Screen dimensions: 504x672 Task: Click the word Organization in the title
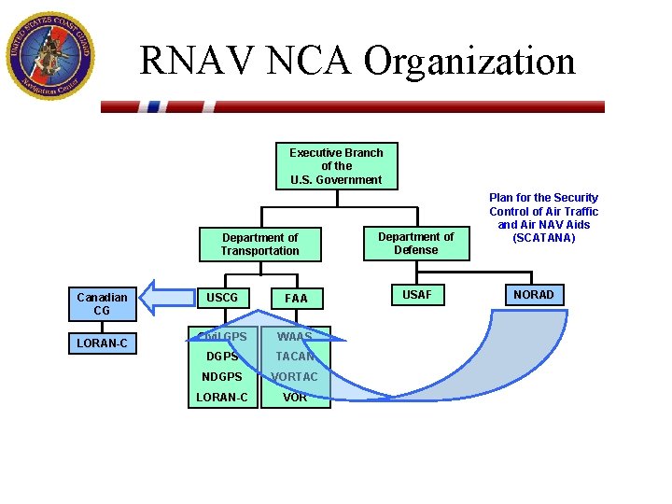coord(469,62)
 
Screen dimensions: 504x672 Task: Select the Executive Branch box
coord(336,166)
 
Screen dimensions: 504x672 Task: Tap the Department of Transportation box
coord(260,244)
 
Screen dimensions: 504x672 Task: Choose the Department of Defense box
coord(415,243)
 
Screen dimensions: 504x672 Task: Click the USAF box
coord(416,295)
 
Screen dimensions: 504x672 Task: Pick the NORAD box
coord(534,295)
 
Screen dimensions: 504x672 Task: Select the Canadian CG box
coord(102,303)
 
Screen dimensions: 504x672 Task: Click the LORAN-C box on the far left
coord(102,343)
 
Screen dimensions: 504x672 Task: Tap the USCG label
coord(222,298)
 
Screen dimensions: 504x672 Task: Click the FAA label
coord(296,299)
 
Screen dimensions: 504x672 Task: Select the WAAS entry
coord(295,336)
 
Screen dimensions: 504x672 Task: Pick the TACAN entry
coord(295,357)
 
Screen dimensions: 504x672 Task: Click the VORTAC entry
coord(295,377)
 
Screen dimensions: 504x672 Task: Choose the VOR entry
coord(295,397)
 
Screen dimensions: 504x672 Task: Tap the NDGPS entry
coord(222,377)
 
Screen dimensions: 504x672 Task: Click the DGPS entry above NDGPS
coord(222,357)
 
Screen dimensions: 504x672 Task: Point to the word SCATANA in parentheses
coord(544,238)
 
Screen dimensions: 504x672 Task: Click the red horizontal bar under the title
coord(353,106)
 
